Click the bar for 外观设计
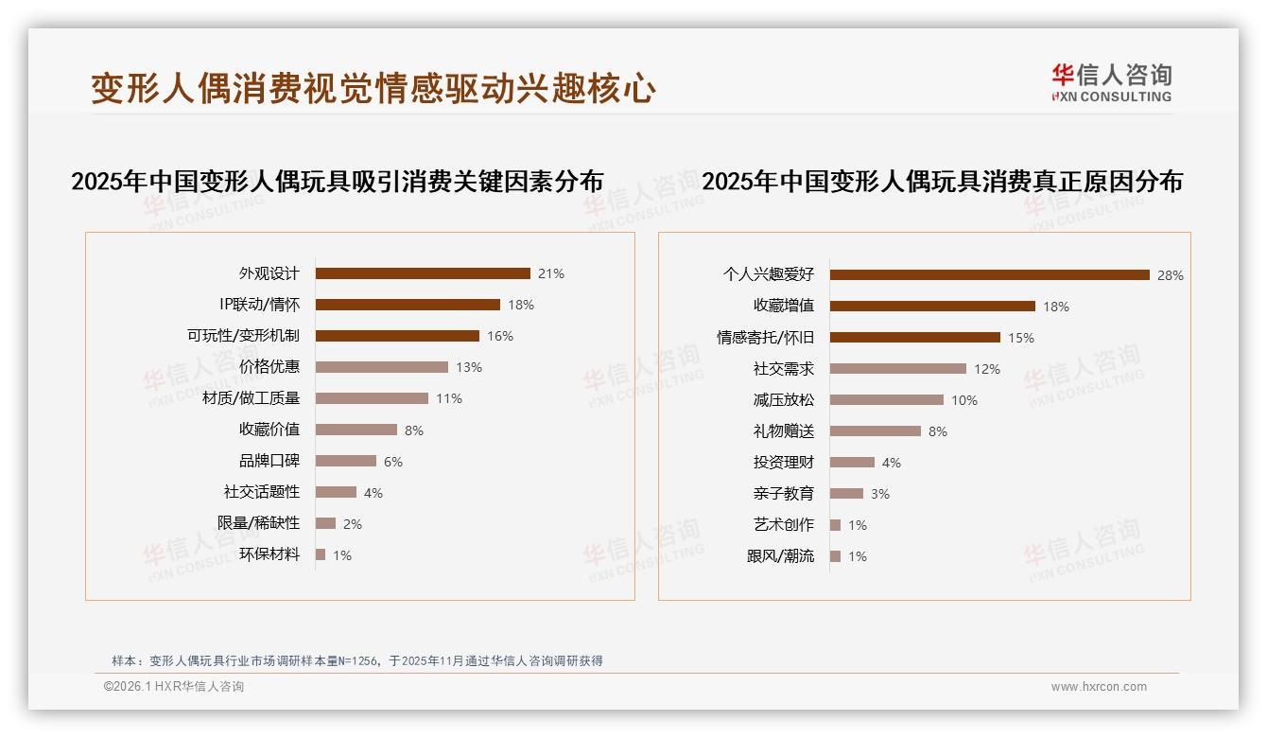pyautogui.click(x=423, y=273)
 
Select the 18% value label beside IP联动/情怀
pyautogui.click(x=521, y=305)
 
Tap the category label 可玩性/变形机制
pyautogui.click(x=243, y=336)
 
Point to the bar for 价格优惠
pyautogui.click(x=381, y=367)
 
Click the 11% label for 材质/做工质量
pyautogui.click(x=449, y=398)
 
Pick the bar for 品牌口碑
pyautogui.click(x=345, y=461)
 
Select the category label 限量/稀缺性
pyautogui.click(x=258, y=523)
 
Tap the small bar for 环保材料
pyautogui.click(x=321, y=554)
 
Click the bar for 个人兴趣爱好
pyautogui.click(x=989, y=275)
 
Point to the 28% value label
pyautogui.click(x=1171, y=276)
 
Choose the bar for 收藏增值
pyautogui.click(x=932, y=307)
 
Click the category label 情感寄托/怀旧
pyautogui.click(x=765, y=338)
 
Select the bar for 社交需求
pyautogui.click(x=897, y=369)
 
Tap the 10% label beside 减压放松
pyautogui.click(x=964, y=400)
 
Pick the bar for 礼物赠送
pyautogui.click(x=875, y=431)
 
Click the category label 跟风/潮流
pyautogui.click(x=780, y=556)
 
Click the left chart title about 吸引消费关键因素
pyautogui.click(x=337, y=182)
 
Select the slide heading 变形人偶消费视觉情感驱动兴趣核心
pyautogui.click(x=373, y=89)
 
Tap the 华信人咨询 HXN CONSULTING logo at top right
pyautogui.click(x=1111, y=83)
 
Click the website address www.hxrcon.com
pyautogui.click(x=1099, y=687)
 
